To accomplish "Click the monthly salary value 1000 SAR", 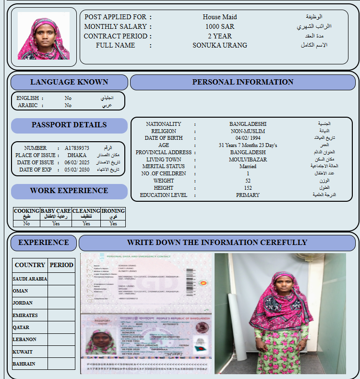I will coord(220,26).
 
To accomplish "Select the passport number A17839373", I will coord(77,148).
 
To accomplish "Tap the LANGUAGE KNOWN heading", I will coord(69,82).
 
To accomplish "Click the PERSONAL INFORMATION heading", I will coord(243,82).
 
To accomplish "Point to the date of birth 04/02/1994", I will coord(248,138).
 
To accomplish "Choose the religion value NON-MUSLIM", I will coord(248,131).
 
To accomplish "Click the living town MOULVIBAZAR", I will coord(248,159).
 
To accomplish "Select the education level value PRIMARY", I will coord(248,195).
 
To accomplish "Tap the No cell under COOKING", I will coord(26,223).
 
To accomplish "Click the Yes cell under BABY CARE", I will coord(56,223).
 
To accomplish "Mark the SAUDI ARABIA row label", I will coord(30,279).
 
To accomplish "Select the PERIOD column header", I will coord(61,265).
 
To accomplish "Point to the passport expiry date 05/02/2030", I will coord(77,170).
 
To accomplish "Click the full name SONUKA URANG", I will coord(220,46).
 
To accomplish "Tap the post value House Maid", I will coord(220,17).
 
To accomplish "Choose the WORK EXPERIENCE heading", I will coord(69,191).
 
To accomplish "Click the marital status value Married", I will coord(248,167).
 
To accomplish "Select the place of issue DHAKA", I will coord(77,156).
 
